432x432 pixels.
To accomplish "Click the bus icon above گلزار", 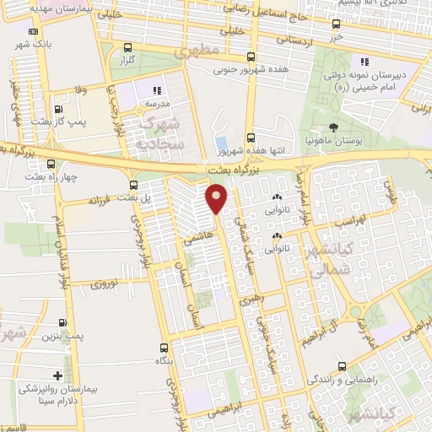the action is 127,47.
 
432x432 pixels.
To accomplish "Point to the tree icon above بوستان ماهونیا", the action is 335,128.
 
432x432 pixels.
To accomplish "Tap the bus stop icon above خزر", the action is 336,24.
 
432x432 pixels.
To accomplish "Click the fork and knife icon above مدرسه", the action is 156,90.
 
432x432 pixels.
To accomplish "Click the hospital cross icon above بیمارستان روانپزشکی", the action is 57,375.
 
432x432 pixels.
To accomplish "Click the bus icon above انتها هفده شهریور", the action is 251,138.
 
